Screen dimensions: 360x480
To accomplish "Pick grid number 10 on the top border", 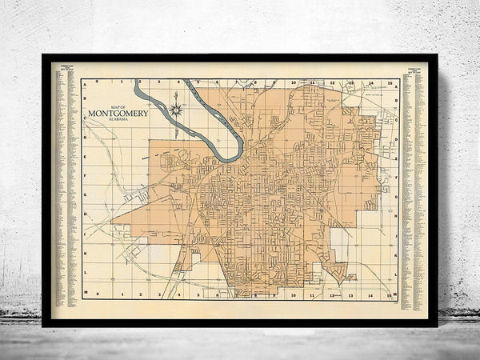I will (294, 82).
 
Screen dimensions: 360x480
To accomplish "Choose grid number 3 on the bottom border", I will (157, 294).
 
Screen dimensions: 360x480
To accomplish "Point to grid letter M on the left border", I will (86, 294).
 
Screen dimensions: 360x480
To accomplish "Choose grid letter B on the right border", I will (396, 102).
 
